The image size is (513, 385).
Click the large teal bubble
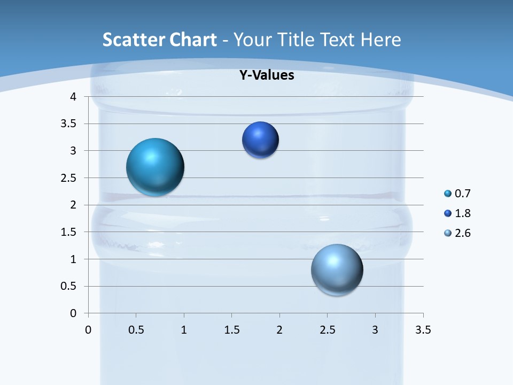tap(156, 167)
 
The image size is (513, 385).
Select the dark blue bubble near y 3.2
tap(260, 140)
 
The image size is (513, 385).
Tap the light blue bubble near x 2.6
tap(337, 269)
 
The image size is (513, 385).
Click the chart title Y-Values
tap(267, 75)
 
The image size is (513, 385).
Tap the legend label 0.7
tap(463, 194)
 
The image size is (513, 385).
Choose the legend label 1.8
tap(463, 213)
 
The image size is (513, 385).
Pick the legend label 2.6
tap(463, 233)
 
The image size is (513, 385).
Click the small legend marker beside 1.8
tap(448, 213)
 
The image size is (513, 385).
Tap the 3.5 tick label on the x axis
tap(423, 330)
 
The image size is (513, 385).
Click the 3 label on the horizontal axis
tap(375, 330)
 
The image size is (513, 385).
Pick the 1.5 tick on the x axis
tap(231, 330)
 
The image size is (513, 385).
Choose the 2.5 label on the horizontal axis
tap(327, 330)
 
